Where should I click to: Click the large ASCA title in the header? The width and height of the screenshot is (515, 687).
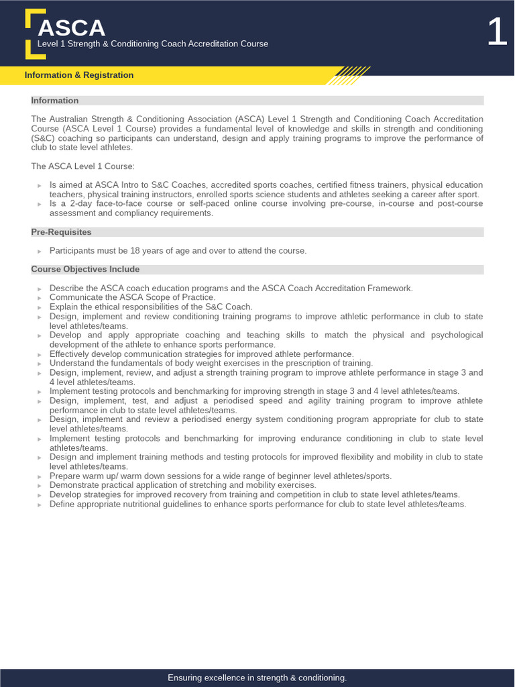(72, 28)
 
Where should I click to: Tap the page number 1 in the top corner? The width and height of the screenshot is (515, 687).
(497, 32)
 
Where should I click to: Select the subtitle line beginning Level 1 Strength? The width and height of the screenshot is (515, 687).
(153, 44)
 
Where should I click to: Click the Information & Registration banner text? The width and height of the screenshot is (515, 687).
(79, 75)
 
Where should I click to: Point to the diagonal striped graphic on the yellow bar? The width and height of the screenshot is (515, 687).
(349, 74)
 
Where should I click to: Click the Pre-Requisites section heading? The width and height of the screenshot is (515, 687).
(61, 232)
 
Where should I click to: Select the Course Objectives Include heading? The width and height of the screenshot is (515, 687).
(85, 269)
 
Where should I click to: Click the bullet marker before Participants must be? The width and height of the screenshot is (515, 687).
(40, 252)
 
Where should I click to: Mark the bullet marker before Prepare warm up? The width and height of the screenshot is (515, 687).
(40, 476)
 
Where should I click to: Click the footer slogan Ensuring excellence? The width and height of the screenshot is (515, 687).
(257, 678)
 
